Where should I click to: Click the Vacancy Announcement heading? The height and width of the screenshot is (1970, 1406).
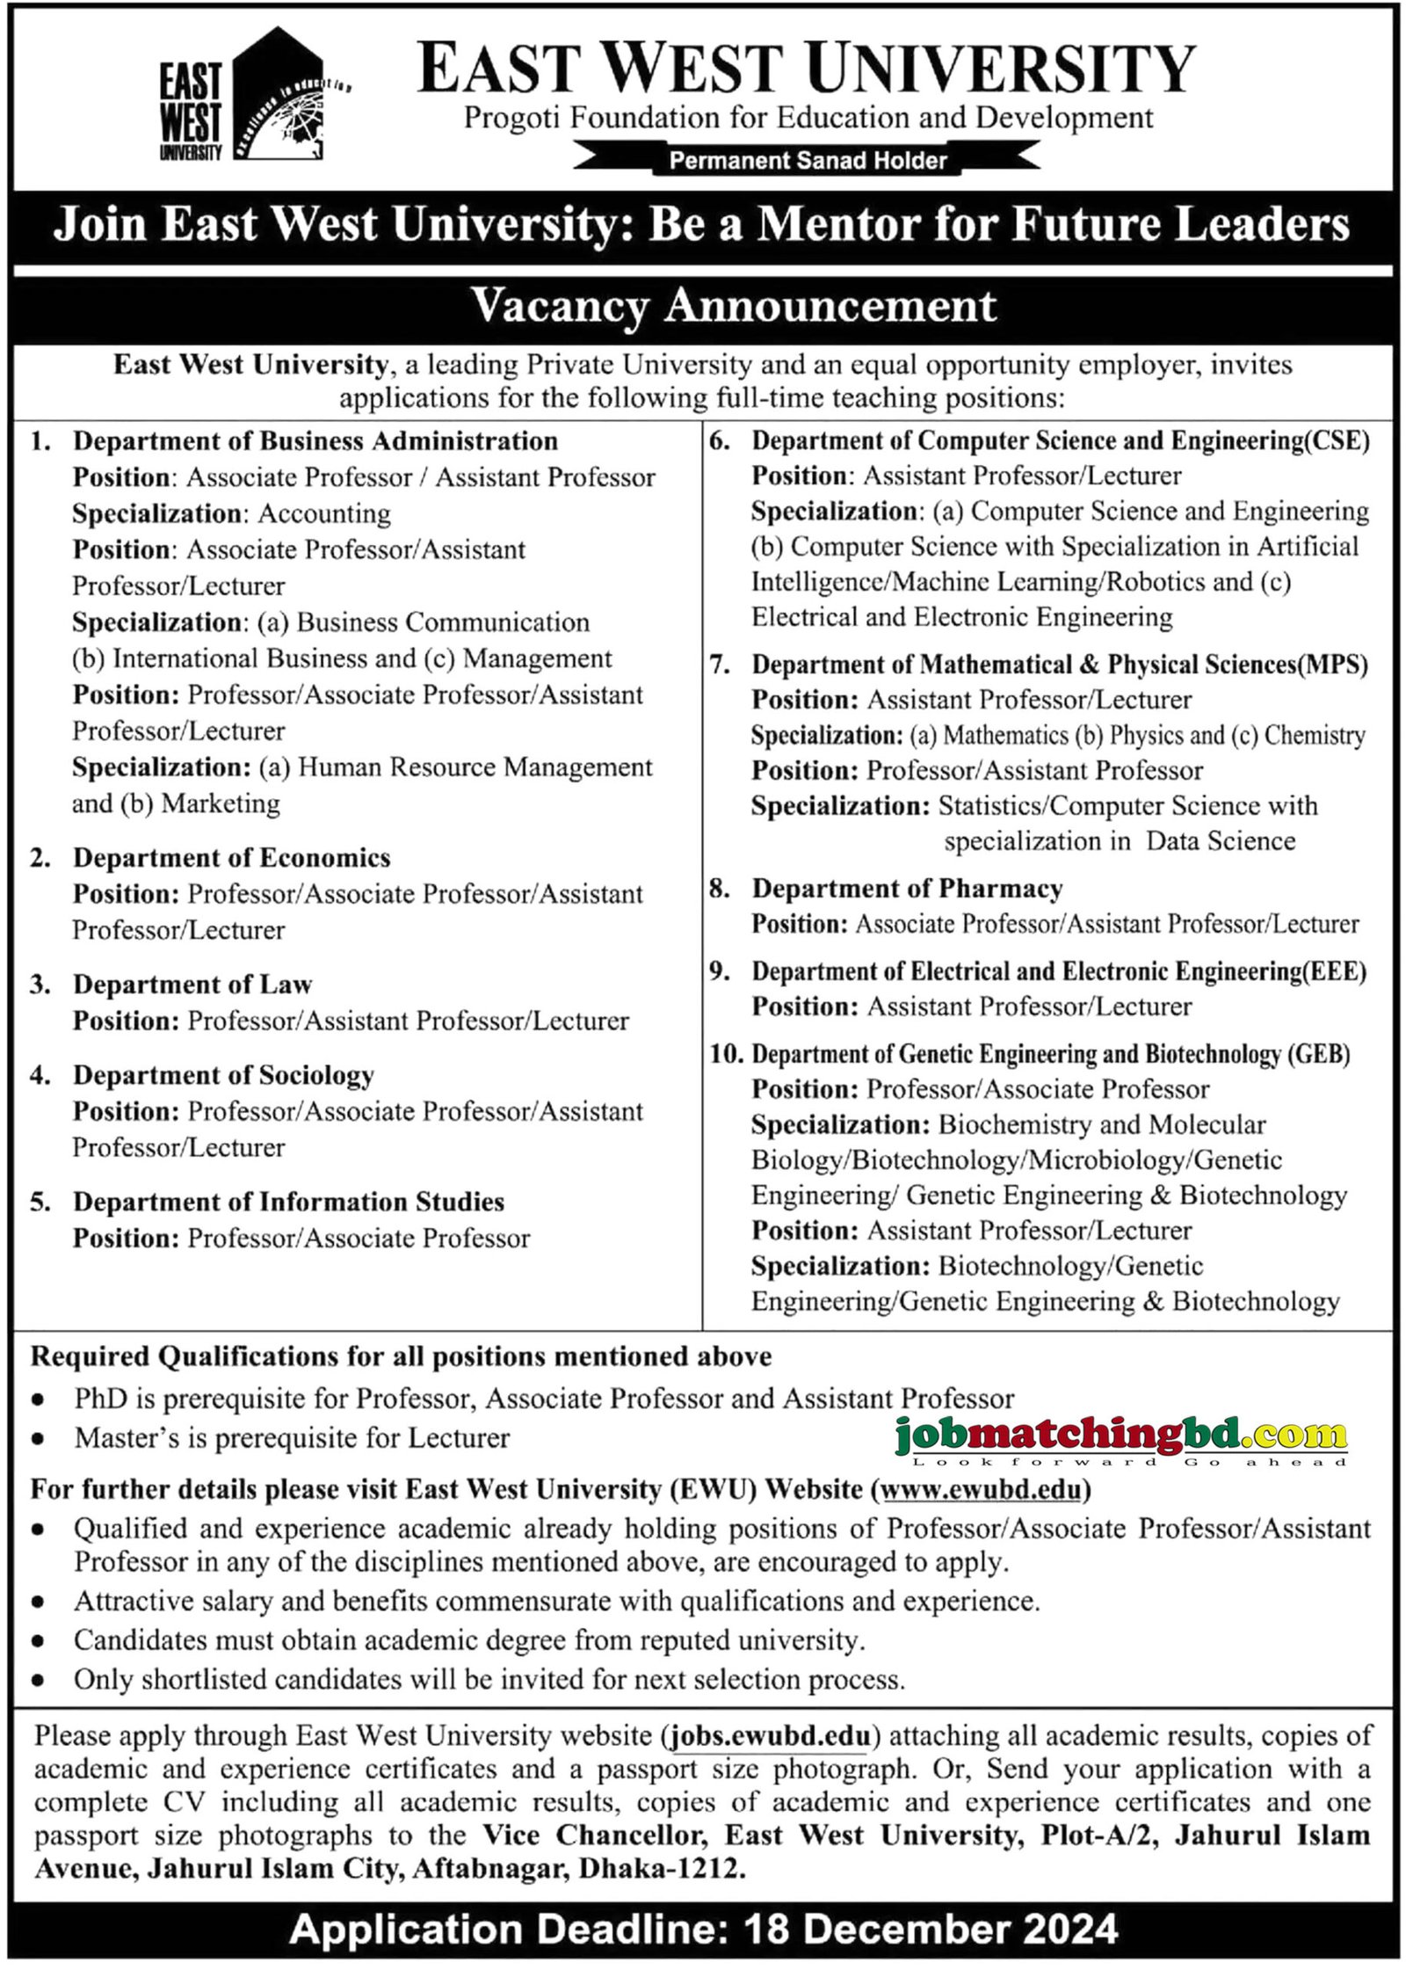734,306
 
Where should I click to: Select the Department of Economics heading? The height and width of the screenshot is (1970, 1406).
231,857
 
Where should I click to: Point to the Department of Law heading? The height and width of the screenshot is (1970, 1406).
192,984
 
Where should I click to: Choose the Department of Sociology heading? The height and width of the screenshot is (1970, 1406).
223,1074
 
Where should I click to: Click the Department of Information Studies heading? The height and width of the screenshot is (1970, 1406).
288,1201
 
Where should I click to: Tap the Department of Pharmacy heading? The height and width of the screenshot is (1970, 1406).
907,888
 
